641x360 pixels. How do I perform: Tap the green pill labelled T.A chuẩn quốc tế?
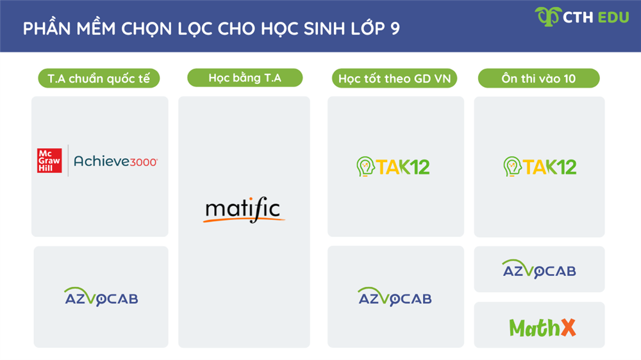[x=99, y=79]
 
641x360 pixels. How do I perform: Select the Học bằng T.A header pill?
[x=245, y=78]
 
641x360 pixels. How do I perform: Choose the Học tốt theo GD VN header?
[x=395, y=79]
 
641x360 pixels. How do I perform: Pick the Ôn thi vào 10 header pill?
[x=538, y=79]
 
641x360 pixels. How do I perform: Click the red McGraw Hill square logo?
[x=49, y=160]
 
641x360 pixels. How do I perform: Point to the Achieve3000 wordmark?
[x=115, y=161]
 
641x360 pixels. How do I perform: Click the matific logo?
[x=244, y=211]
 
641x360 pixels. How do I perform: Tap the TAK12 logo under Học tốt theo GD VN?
[x=393, y=167]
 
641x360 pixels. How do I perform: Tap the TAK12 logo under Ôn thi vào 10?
[x=540, y=167]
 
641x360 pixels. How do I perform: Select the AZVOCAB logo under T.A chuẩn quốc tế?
[x=101, y=297]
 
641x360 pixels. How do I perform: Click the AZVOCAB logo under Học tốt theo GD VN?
[x=395, y=297]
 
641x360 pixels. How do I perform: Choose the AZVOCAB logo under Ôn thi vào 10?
[x=539, y=270]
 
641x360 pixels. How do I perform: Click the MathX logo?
[x=542, y=327]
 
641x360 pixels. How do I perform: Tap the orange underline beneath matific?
[x=244, y=220]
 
